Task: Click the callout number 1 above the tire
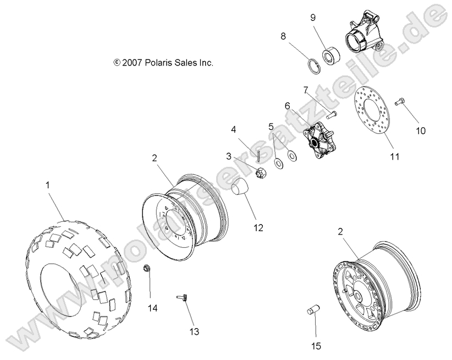47,186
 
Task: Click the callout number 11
394,156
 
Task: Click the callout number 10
421,131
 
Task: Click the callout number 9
313,17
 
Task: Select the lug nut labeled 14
147,269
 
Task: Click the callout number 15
316,346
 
